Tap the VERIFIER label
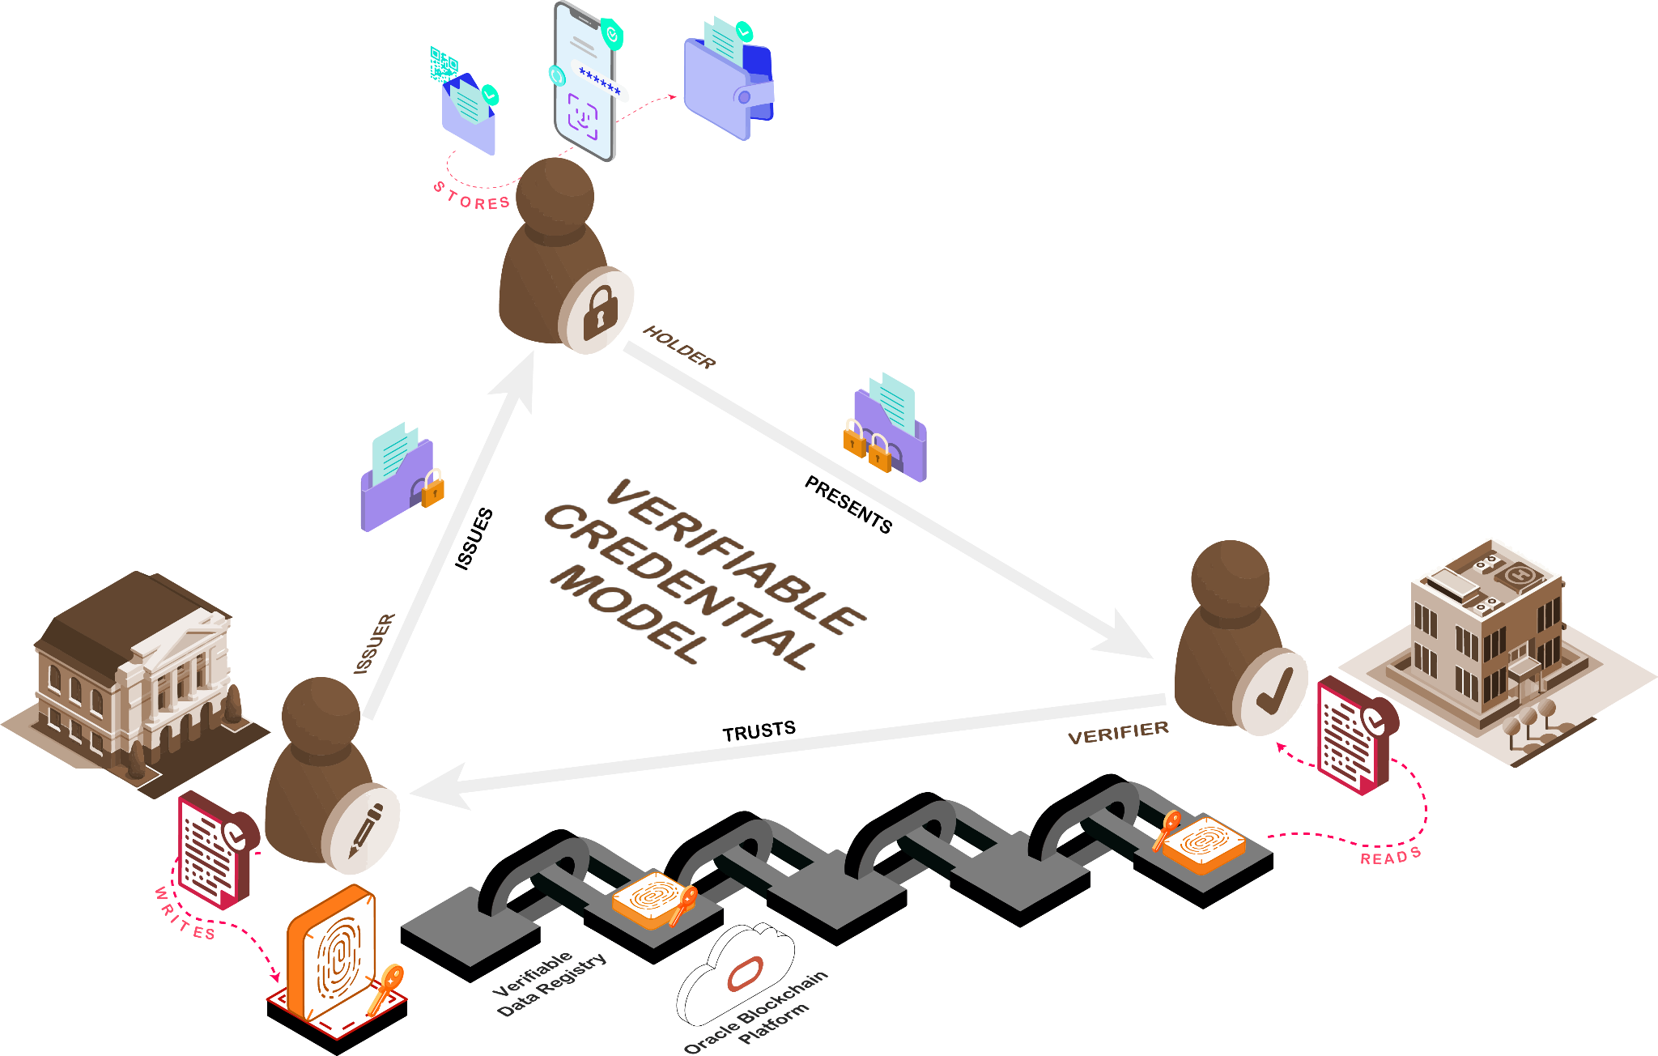click(x=1118, y=733)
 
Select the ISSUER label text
click(x=374, y=644)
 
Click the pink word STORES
click(x=472, y=198)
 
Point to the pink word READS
click(x=1390, y=856)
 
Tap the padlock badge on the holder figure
click(x=599, y=309)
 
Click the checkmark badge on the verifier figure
click(x=1273, y=693)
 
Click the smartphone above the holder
click(x=585, y=81)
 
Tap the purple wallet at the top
click(x=727, y=85)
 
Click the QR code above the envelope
click(x=443, y=64)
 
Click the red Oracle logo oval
click(x=745, y=973)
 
